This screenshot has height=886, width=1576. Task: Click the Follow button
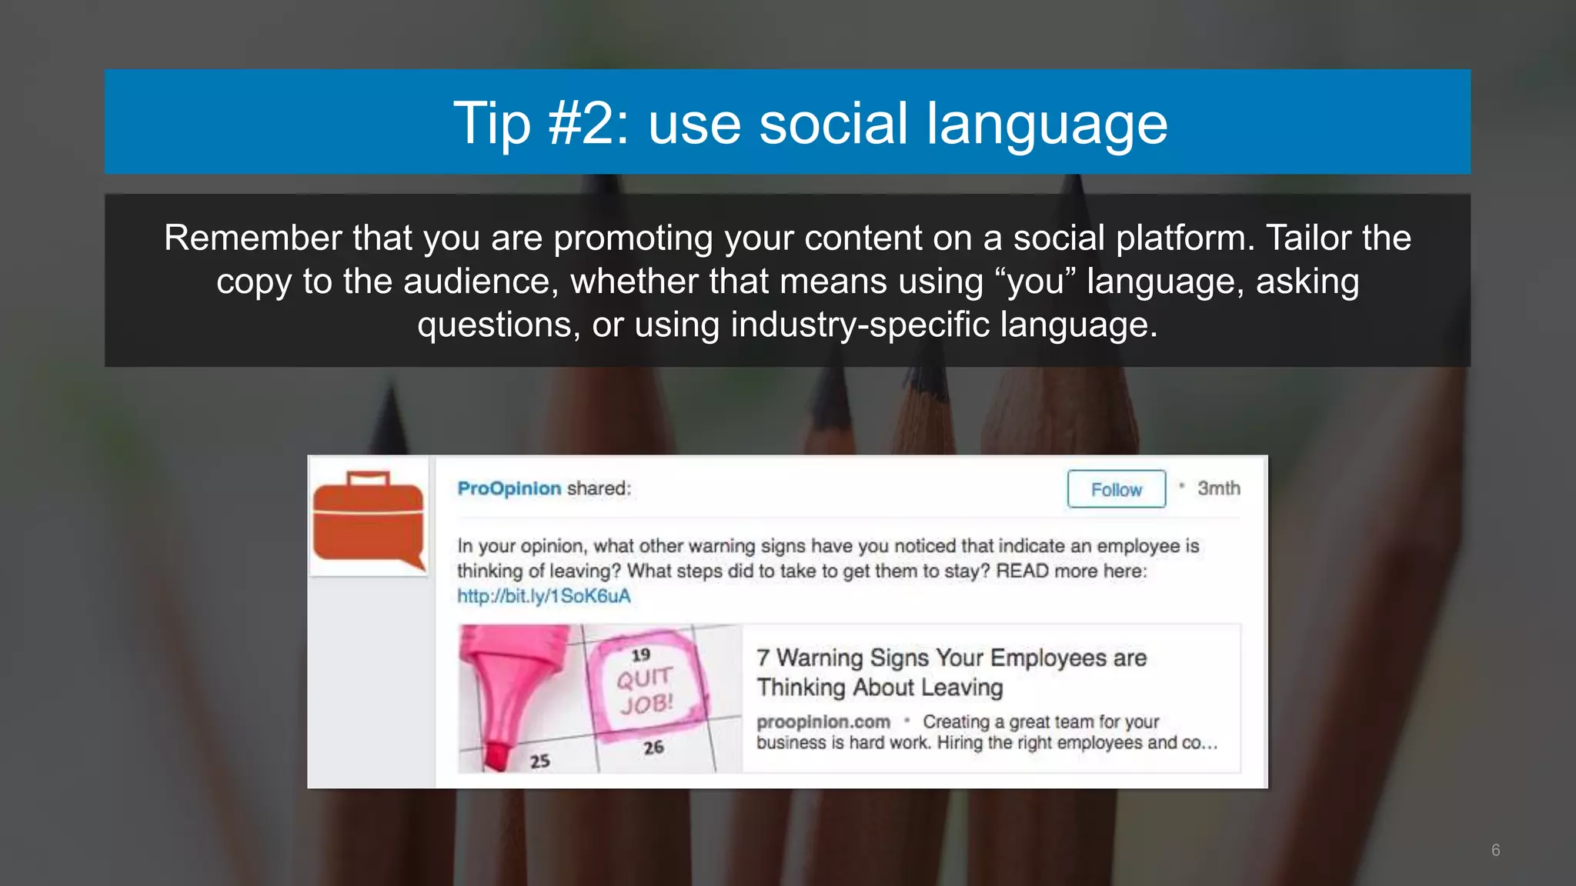(1116, 489)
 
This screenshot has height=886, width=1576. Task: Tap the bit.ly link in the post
(543, 596)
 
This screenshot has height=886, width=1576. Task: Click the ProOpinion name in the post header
(509, 488)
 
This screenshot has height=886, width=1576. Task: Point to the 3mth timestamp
(1218, 488)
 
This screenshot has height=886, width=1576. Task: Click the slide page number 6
(1495, 850)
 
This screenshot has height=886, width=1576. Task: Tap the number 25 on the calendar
(539, 761)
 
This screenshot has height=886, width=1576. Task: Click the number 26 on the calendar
(653, 748)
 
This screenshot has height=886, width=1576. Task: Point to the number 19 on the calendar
(640, 655)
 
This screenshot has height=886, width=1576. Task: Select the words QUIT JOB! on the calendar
(645, 691)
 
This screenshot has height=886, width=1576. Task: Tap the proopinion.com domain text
(823, 722)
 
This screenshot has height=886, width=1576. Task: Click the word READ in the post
(1022, 571)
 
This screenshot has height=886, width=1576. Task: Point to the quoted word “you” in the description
(1036, 281)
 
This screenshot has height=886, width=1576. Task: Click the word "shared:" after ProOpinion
(599, 488)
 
